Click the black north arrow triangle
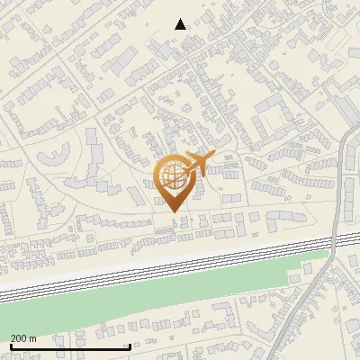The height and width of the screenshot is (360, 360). pyautogui.click(x=180, y=24)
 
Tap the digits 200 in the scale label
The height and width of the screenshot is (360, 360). pyautogui.click(x=19, y=338)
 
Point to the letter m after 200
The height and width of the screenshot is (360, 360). pyautogui.click(x=32, y=338)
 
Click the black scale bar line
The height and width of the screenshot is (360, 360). pyautogui.click(x=70, y=346)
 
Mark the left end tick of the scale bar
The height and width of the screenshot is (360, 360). pyautogui.click(x=10, y=345)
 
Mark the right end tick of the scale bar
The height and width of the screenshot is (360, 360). pyautogui.click(x=130, y=345)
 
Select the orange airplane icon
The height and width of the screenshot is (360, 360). pyautogui.click(x=199, y=164)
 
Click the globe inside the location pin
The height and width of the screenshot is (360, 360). pyautogui.click(x=173, y=176)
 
